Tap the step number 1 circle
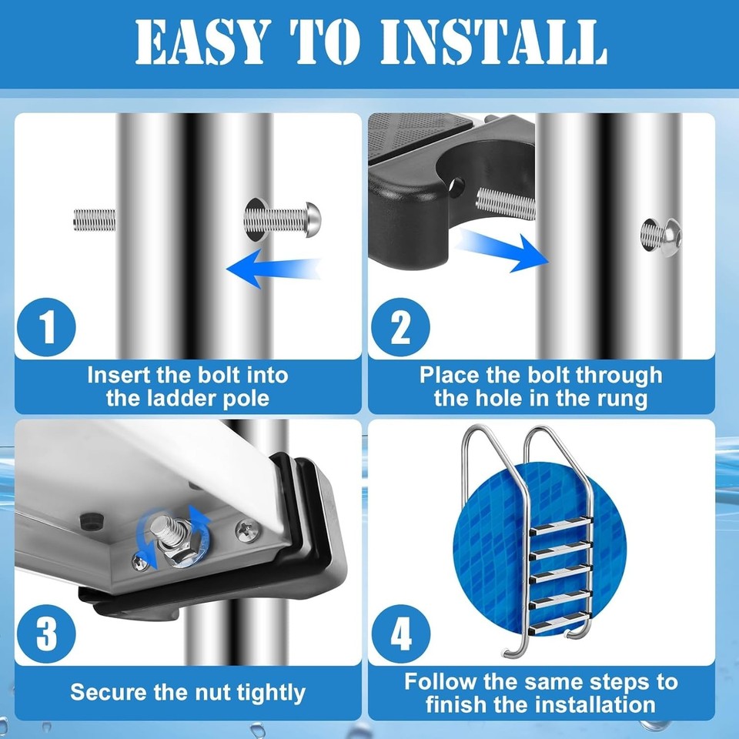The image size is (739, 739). point(48,326)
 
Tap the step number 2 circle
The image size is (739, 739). point(400,326)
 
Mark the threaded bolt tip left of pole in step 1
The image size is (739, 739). point(94,220)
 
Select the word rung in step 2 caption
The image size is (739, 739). point(622,399)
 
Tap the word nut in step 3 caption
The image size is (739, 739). point(211,692)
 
